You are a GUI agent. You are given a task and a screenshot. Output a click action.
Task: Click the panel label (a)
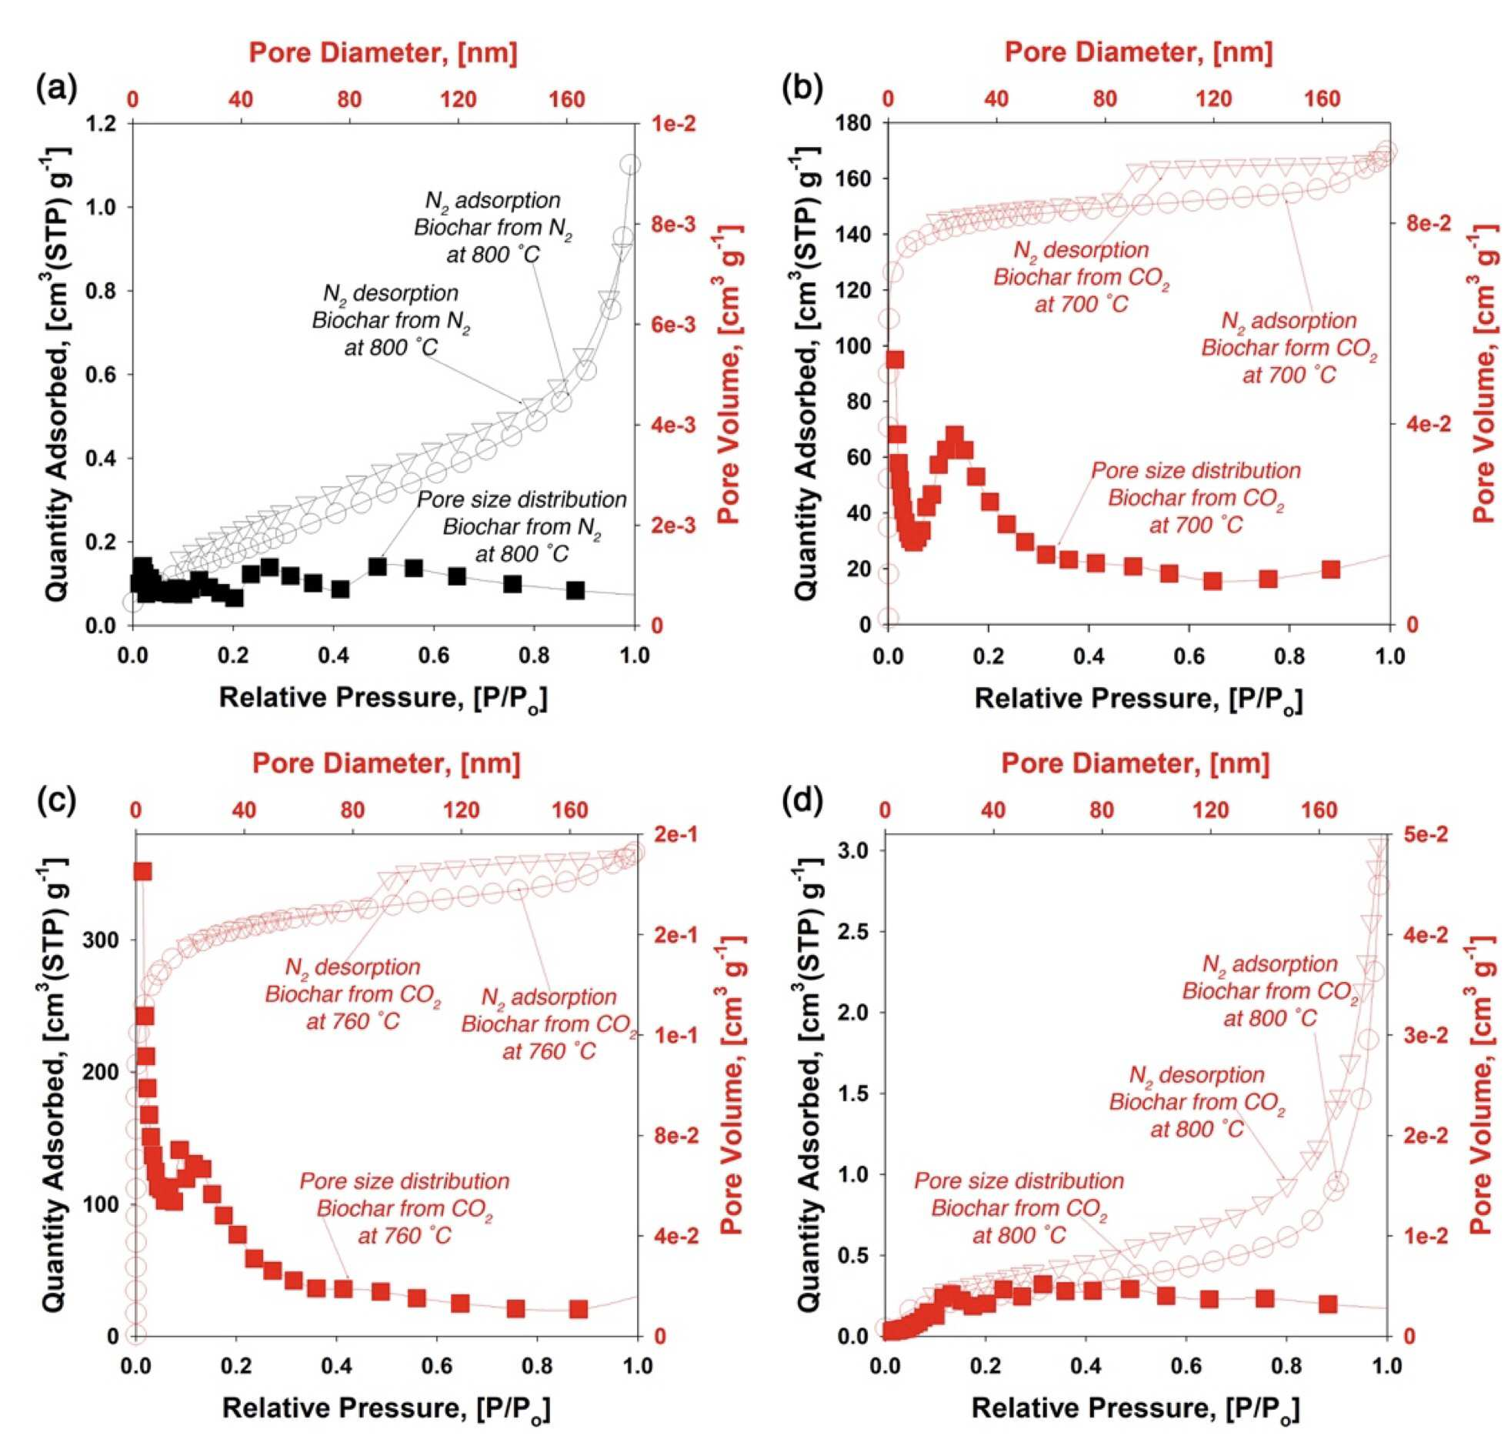[57, 89]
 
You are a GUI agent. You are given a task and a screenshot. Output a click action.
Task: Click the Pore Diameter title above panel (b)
[1139, 52]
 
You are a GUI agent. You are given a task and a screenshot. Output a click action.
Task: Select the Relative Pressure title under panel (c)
[386, 1408]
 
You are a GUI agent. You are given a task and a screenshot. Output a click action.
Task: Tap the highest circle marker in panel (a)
[631, 164]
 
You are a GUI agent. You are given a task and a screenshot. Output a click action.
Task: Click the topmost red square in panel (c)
[142, 871]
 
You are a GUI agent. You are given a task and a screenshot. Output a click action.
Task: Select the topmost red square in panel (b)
[895, 360]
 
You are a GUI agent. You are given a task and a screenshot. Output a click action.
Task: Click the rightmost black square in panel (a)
[575, 590]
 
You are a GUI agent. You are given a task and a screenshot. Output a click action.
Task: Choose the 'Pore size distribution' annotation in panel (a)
[522, 527]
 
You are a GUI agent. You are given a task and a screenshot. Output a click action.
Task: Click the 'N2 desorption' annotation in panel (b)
[1081, 277]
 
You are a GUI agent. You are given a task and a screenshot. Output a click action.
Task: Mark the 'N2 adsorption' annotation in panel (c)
[549, 1024]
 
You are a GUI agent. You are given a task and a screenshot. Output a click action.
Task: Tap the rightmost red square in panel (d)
[1328, 1304]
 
